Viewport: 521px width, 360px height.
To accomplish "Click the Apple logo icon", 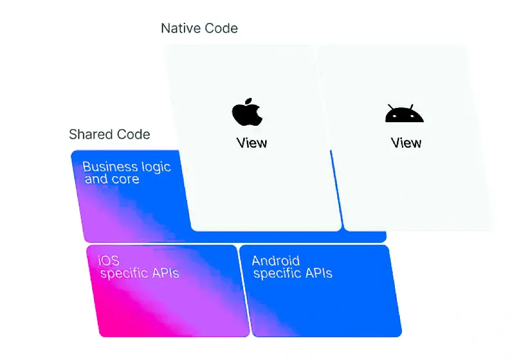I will point(247,114).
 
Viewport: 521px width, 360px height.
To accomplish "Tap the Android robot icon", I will point(404,115).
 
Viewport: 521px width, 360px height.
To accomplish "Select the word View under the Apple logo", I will point(252,143).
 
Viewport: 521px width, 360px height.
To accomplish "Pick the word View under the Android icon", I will point(406,143).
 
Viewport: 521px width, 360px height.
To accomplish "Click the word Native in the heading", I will point(180,28).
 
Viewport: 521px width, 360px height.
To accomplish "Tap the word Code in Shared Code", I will point(133,134).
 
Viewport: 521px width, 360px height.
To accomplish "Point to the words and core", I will point(112,179).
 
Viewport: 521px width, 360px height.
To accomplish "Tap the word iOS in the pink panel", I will point(108,261).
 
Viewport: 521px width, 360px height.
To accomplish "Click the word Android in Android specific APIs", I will point(276,261).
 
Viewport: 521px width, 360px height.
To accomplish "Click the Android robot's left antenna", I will point(390,107).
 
